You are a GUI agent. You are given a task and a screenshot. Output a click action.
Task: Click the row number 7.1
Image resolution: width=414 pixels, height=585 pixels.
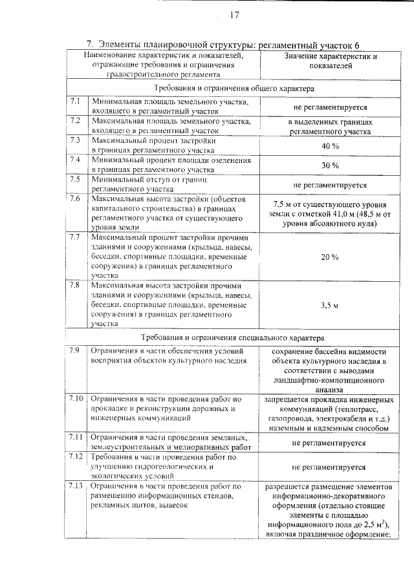click(x=75, y=101)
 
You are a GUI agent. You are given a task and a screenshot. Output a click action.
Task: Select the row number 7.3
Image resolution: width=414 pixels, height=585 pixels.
click(x=75, y=140)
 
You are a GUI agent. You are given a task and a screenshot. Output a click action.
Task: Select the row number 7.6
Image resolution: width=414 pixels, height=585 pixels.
click(x=75, y=198)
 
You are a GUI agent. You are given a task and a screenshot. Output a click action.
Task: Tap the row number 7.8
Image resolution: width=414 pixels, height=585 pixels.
click(x=75, y=285)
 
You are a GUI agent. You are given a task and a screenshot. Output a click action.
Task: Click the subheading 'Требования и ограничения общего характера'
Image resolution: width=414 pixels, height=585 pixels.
click(x=234, y=87)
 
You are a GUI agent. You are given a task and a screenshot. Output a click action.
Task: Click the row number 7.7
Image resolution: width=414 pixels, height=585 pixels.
click(x=75, y=237)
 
